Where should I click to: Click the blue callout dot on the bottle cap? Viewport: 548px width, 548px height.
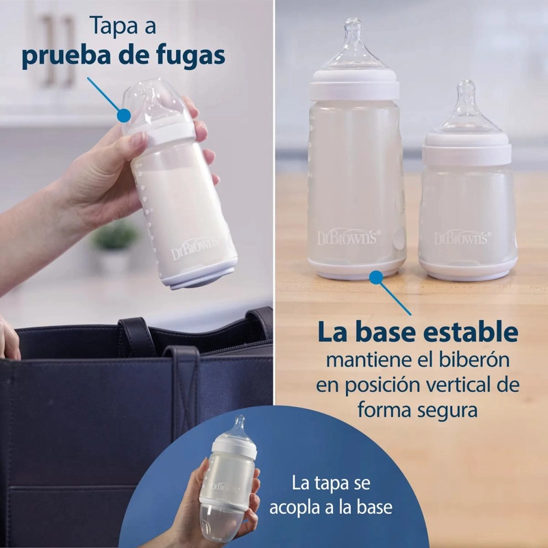pyautogui.click(x=124, y=115)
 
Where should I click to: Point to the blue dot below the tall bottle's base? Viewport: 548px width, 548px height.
pyautogui.click(x=376, y=277)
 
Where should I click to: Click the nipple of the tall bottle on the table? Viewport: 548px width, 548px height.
pyautogui.click(x=353, y=44)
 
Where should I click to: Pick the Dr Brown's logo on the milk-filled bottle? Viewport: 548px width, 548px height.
pyautogui.click(x=195, y=248)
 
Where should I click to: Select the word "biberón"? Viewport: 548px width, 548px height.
pyautogui.click(x=474, y=360)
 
